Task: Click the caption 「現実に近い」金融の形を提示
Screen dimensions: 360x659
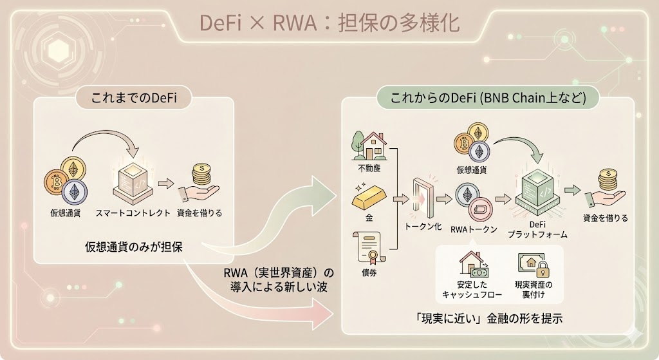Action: click(x=491, y=317)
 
